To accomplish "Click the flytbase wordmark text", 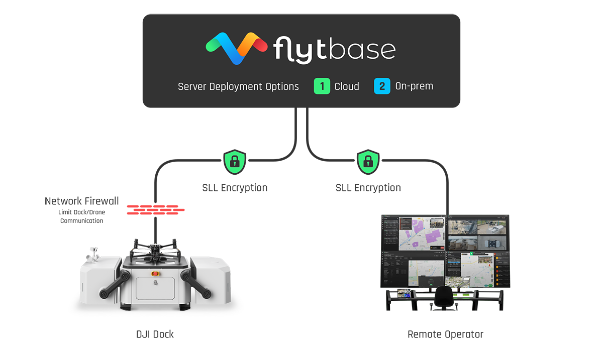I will [x=335, y=49].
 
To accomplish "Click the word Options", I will [x=283, y=87].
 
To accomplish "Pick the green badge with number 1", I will [x=322, y=86].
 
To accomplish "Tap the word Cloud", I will [x=347, y=86].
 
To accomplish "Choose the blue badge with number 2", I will [x=382, y=86].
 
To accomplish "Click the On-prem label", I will [x=414, y=86].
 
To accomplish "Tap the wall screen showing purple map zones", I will [x=414, y=233].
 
